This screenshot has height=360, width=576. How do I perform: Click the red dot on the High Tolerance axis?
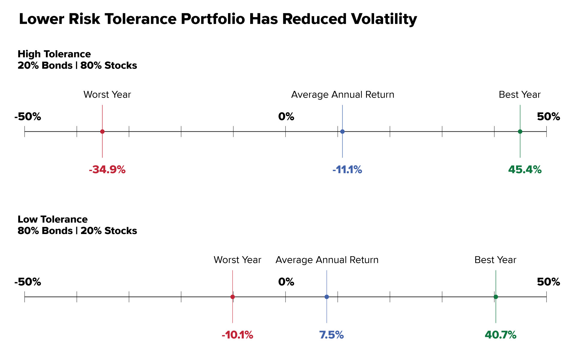(x=102, y=131)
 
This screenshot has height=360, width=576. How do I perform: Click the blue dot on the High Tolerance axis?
(x=342, y=131)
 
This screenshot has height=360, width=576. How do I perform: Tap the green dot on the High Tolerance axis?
(x=520, y=131)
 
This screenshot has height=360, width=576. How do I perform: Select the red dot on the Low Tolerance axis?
(x=232, y=297)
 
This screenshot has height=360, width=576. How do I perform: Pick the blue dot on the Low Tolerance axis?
(x=327, y=297)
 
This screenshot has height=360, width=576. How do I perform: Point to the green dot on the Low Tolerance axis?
(x=496, y=297)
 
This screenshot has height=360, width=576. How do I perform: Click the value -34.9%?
(x=107, y=170)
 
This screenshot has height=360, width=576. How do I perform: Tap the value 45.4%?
(x=525, y=170)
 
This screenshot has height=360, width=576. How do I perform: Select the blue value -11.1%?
(x=347, y=170)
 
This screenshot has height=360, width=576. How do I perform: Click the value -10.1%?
(x=237, y=335)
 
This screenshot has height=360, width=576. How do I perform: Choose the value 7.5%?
(x=331, y=335)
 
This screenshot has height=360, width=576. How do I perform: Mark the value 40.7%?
(x=500, y=335)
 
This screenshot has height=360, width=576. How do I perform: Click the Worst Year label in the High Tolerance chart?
(x=107, y=95)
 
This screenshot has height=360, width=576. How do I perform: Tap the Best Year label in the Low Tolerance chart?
(x=495, y=260)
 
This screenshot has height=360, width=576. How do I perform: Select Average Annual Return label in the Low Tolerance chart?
(x=327, y=260)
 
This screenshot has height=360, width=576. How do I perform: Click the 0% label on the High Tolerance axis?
(x=286, y=116)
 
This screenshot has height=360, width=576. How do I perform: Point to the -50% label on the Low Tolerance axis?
(x=28, y=282)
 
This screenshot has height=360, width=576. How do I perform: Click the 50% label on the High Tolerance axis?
(x=548, y=116)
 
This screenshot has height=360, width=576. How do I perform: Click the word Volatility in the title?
(x=384, y=19)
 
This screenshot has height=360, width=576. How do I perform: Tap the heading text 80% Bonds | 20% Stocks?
(x=77, y=231)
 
